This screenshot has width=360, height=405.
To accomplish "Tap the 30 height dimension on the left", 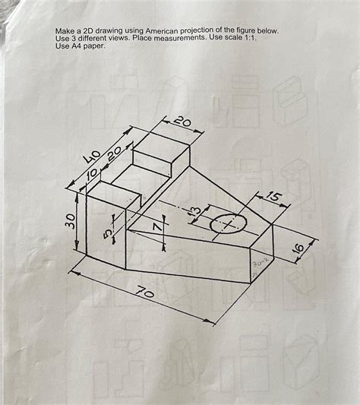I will click(70, 220).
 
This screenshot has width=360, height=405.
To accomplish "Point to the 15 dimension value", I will click(274, 199).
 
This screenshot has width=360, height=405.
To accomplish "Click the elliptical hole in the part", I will click(228, 224).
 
